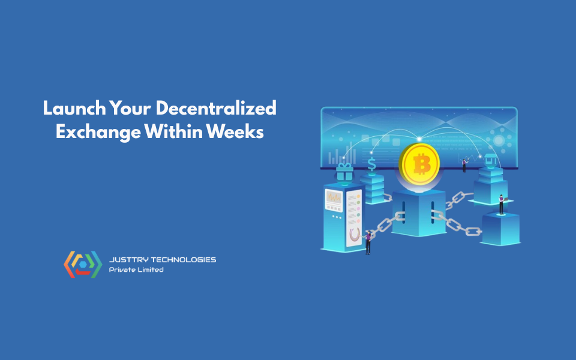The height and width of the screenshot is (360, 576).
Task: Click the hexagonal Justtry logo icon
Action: pos(83,265)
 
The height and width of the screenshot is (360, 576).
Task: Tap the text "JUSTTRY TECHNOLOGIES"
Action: pos(162,260)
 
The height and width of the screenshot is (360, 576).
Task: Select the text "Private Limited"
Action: pos(136,270)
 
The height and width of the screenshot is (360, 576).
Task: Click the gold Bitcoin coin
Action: pos(419,163)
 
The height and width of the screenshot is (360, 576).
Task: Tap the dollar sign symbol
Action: pos(372,163)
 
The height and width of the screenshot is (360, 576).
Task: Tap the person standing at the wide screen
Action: pos(464,164)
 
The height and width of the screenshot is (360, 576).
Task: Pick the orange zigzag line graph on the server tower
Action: pos(334,198)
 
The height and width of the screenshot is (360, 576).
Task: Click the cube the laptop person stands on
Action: pos(500,228)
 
